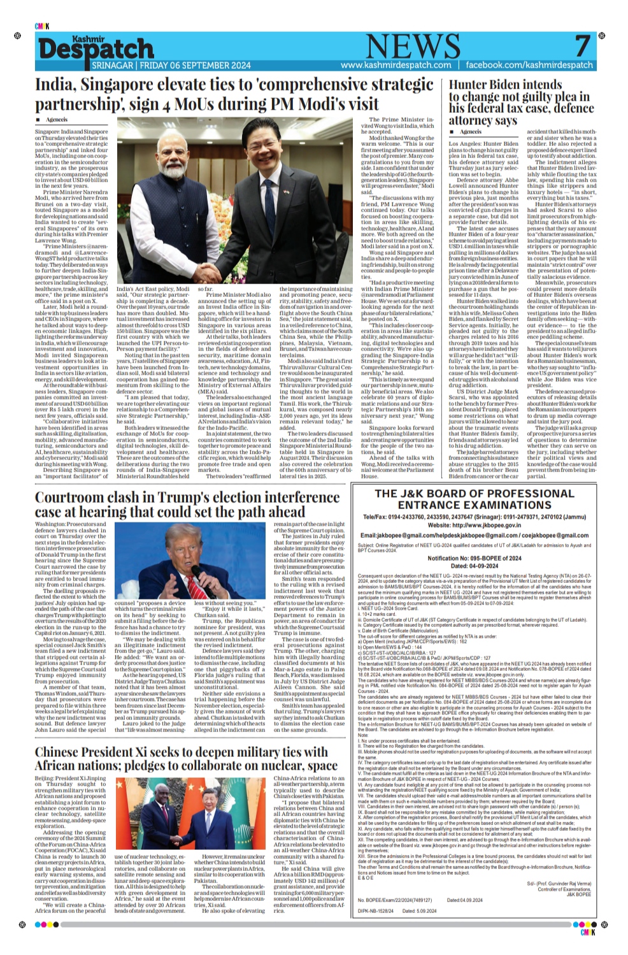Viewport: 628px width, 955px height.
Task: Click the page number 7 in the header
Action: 582,47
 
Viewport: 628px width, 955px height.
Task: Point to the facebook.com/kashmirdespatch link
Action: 529,65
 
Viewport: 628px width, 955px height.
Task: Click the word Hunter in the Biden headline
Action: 473,85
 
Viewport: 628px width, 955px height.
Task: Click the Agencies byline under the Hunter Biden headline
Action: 471,132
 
